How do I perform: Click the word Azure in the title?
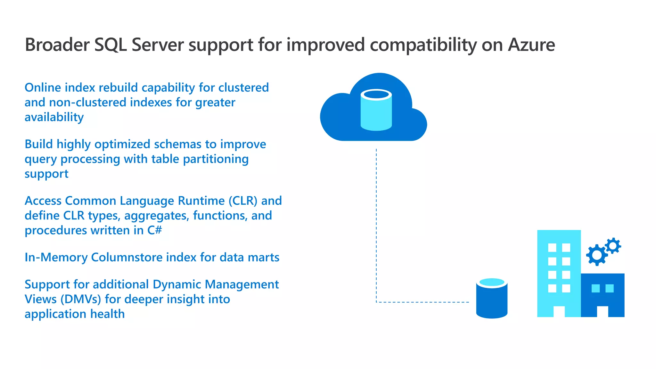pyautogui.click(x=531, y=45)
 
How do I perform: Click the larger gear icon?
pyautogui.click(x=597, y=255)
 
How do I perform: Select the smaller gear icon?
pyautogui.click(x=613, y=246)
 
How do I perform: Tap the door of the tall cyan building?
pyautogui.click(x=559, y=311)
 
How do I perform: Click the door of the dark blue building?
pyautogui.click(x=603, y=311)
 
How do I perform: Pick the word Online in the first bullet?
pyautogui.click(x=43, y=87)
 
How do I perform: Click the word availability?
pyautogui.click(x=54, y=117)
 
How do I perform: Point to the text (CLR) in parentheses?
pyautogui.click(x=243, y=201)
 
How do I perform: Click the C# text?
pyautogui.click(x=155, y=230)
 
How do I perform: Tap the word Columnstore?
pyautogui.click(x=127, y=257)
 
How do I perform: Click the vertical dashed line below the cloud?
pyautogui.click(x=376, y=224)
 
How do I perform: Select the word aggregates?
pyautogui.click(x=156, y=216)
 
